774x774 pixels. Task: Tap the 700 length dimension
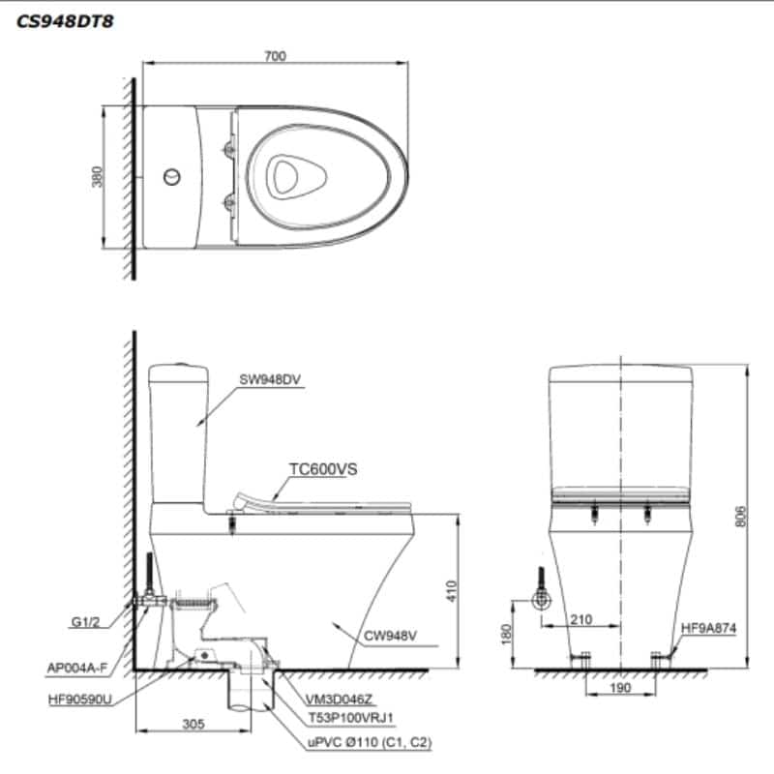click(275, 56)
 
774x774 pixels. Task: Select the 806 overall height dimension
click(741, 518)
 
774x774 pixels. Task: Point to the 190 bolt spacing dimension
click(621, 688)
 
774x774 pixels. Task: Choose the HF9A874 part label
click(709, 628)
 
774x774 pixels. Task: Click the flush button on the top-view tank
click(171, 177)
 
